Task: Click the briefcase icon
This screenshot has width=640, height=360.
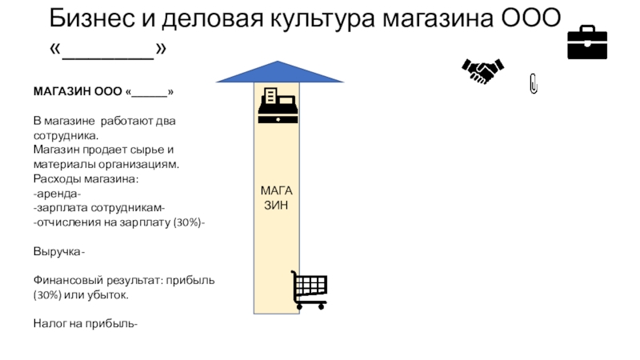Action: click(x=587, y=43)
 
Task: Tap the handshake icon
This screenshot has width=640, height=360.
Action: click(x=482, y=71)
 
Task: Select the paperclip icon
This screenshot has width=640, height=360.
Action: click(x=534, y=83)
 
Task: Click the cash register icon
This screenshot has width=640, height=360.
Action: click(x=278, y=106)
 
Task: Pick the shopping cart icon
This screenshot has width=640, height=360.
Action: click(x=309, y=290)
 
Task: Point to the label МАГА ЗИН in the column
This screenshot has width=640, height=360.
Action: click(x=277, y=197)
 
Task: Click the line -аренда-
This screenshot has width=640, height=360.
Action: click(x=57, y=193)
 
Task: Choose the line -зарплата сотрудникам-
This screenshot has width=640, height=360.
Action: click(x=98, y=207)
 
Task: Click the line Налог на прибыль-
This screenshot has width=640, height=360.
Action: click(x=85, y=324)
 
